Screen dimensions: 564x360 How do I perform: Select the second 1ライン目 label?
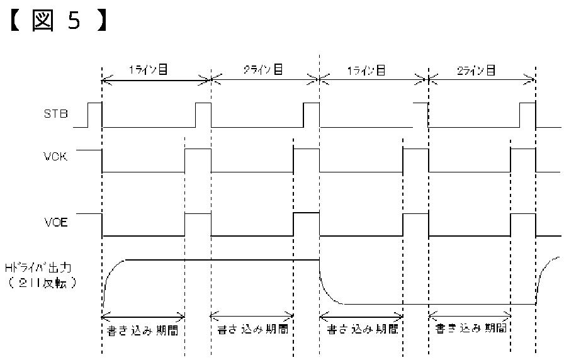click(366, 70)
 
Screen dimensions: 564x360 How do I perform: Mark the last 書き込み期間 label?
click(471, 329)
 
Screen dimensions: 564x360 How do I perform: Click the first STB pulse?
click(94, 113)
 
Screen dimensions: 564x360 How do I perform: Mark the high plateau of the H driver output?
click(220, 259)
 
